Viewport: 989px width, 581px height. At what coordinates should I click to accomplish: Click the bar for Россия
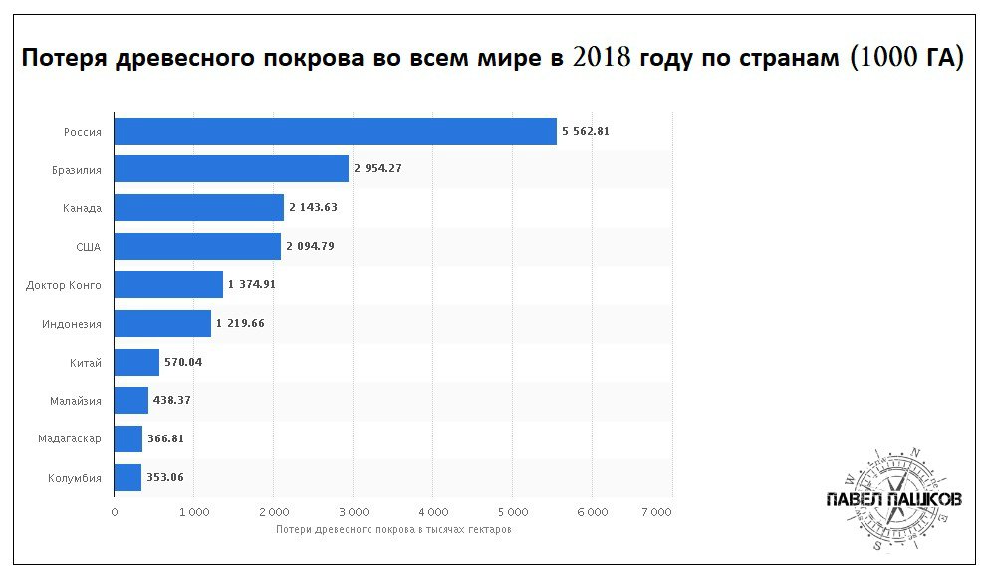pos(335,131)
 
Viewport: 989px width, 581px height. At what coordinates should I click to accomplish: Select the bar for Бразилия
pos(231,169)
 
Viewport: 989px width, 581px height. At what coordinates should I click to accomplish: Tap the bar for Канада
pos(199,207)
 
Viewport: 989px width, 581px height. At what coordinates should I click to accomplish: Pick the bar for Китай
pos(136,362)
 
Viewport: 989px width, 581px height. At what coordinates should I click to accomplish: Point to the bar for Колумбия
pos(127,477)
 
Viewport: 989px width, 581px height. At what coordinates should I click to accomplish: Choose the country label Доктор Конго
pos(64,285)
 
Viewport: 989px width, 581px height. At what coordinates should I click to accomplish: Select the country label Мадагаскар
pos(70,439)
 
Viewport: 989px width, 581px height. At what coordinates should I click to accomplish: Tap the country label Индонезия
pos(72,324)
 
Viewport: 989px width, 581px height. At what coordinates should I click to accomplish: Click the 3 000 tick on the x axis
pos(353,512)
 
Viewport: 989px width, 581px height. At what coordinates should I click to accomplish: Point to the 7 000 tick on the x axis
pos(657,512)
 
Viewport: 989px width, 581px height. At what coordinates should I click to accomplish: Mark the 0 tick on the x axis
pos(115,512)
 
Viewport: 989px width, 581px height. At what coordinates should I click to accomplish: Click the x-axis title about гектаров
pos(393,529)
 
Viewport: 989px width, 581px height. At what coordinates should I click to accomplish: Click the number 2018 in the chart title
pos(604,58)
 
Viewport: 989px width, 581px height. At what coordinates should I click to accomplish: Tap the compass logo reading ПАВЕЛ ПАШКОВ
pos(893,498)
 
